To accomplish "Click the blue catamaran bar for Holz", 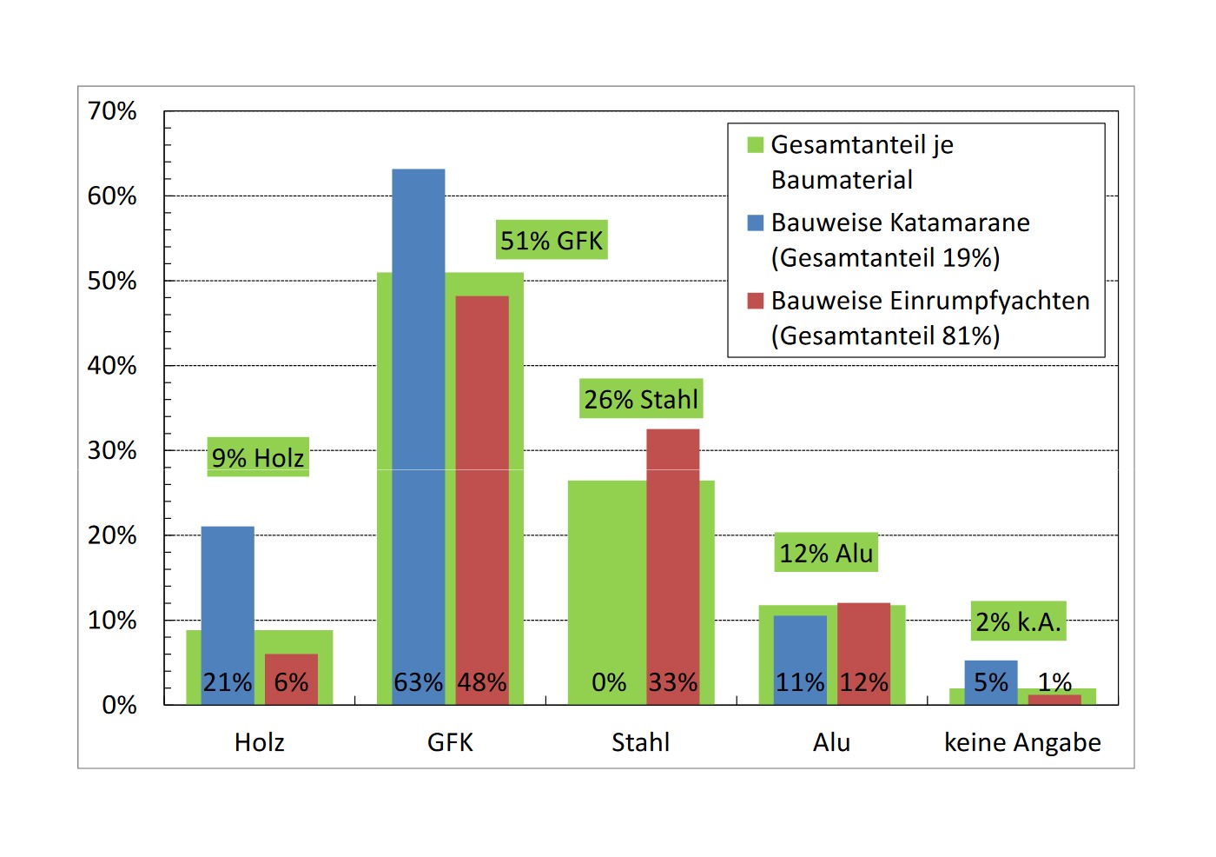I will (x=228, y=600).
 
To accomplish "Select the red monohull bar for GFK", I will (x=482, y=487).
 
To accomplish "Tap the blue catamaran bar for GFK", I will (x=419, y=417).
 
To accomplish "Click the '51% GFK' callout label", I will (x=552, y=240).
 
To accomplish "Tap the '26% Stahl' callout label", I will (x=641, y=399).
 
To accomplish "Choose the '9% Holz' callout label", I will (x=258, y=457).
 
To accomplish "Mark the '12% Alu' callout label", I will (x=826, y=553).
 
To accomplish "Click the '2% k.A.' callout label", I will (x=1018, y=621).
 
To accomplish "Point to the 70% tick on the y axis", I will (x=112, y=111).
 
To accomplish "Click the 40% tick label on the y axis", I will (x=112, y=366).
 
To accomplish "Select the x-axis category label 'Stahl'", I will (x=641, y=742).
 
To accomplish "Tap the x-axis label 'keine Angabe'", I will (x=1022, y=742).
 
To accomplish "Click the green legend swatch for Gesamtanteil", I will (x=755, y=145).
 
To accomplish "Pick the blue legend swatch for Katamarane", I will (x=755, y=223).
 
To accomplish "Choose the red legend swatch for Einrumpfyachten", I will (x=755, y=301).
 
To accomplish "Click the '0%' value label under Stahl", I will (x=609, y=682).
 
